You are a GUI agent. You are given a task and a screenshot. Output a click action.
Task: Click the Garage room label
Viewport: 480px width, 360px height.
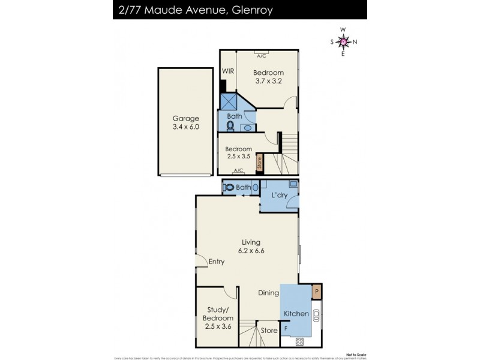click(185, 119)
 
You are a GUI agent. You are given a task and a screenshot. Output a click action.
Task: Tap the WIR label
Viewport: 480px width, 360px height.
click(228, 71)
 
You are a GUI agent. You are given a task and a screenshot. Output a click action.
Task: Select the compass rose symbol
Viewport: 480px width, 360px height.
click(343, 41)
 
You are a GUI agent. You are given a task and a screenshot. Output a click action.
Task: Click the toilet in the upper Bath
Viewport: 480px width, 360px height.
click(230, 126)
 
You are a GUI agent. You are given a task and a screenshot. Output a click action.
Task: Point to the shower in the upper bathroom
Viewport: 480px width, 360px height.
click(229, 101)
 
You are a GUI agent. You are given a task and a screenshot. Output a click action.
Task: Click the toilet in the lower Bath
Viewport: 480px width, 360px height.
click(229, 187)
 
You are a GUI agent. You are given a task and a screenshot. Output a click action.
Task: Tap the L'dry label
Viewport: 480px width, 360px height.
click(279, 196)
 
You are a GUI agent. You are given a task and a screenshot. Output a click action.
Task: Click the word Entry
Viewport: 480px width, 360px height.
click(217, 262)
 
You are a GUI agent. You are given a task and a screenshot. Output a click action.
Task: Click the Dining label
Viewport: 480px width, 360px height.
click(269, 293)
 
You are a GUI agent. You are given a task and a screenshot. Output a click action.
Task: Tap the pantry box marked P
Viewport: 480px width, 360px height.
click(317, 292)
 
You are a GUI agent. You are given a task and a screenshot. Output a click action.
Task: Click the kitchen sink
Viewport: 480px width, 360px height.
click(317, 313)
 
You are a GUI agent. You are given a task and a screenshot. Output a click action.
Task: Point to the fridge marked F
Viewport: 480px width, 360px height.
click(286, 329)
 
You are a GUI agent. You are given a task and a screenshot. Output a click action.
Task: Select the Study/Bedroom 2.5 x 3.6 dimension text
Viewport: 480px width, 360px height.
click(218, 326)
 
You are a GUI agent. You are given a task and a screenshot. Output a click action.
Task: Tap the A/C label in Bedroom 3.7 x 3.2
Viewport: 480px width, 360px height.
click(262, 56)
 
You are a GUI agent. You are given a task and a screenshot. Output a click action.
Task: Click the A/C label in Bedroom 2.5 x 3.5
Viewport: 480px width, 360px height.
click(238, 170)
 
